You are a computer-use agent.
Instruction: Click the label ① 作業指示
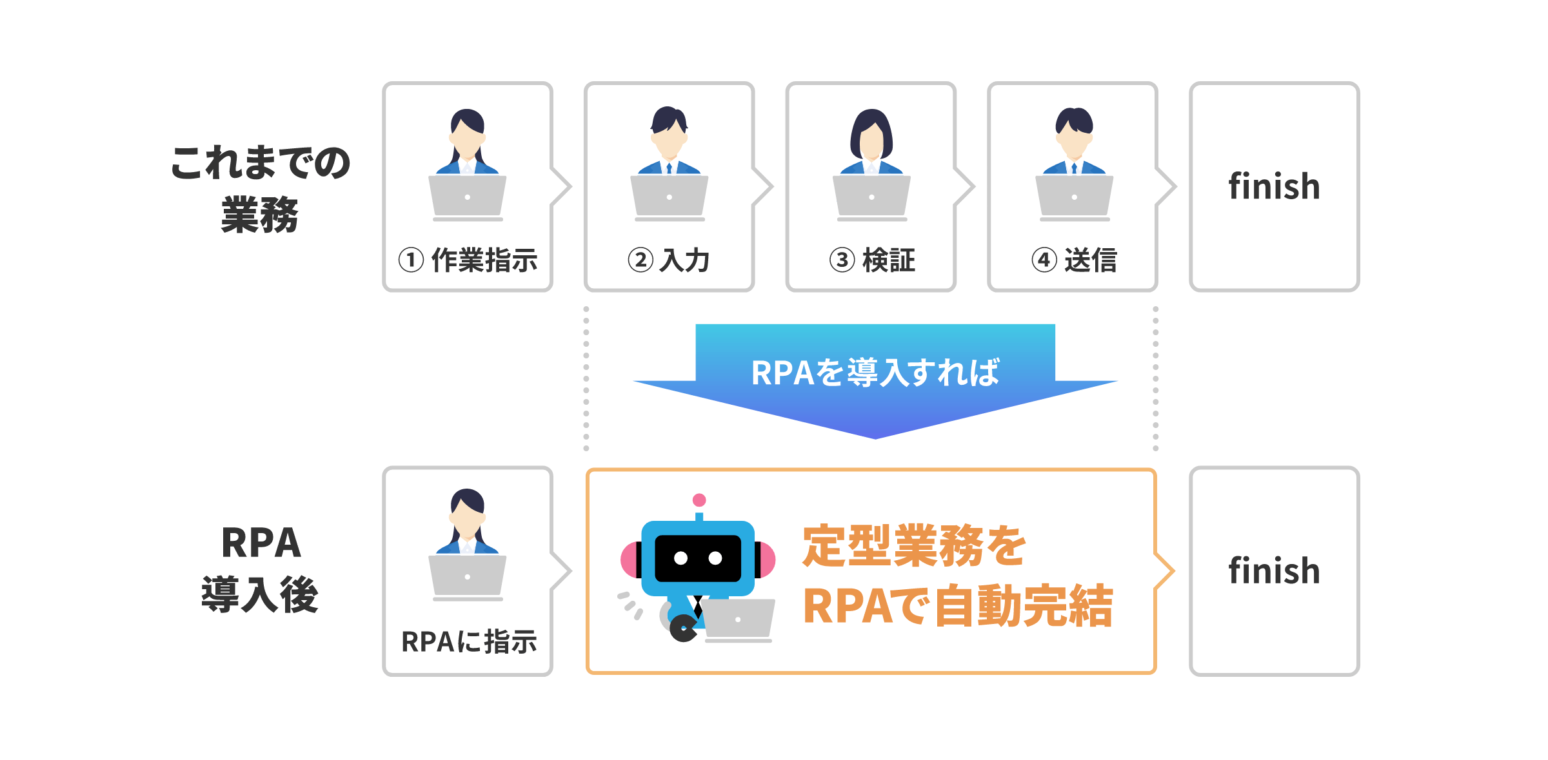coord(468,260)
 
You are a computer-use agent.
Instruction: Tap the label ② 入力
coord(669,260)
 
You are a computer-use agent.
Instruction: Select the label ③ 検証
coord(872,260)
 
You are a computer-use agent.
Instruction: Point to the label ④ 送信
coord(1074,260)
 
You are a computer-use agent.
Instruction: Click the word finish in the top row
coord(1274,186)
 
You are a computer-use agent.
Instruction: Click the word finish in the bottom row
coord(1274,571)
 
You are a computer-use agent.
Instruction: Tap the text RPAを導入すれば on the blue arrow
coord(875,373)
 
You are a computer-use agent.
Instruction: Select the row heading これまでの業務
coord(260,188)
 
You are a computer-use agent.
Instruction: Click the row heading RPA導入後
coord(260,569)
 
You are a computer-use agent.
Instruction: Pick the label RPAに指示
coord(469,642)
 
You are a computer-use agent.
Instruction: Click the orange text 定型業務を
coord(914,546)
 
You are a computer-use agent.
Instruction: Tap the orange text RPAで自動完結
coord(958,606)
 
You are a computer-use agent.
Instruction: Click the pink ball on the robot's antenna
coord(699,500)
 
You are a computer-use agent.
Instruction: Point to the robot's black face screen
coord(698,558)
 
